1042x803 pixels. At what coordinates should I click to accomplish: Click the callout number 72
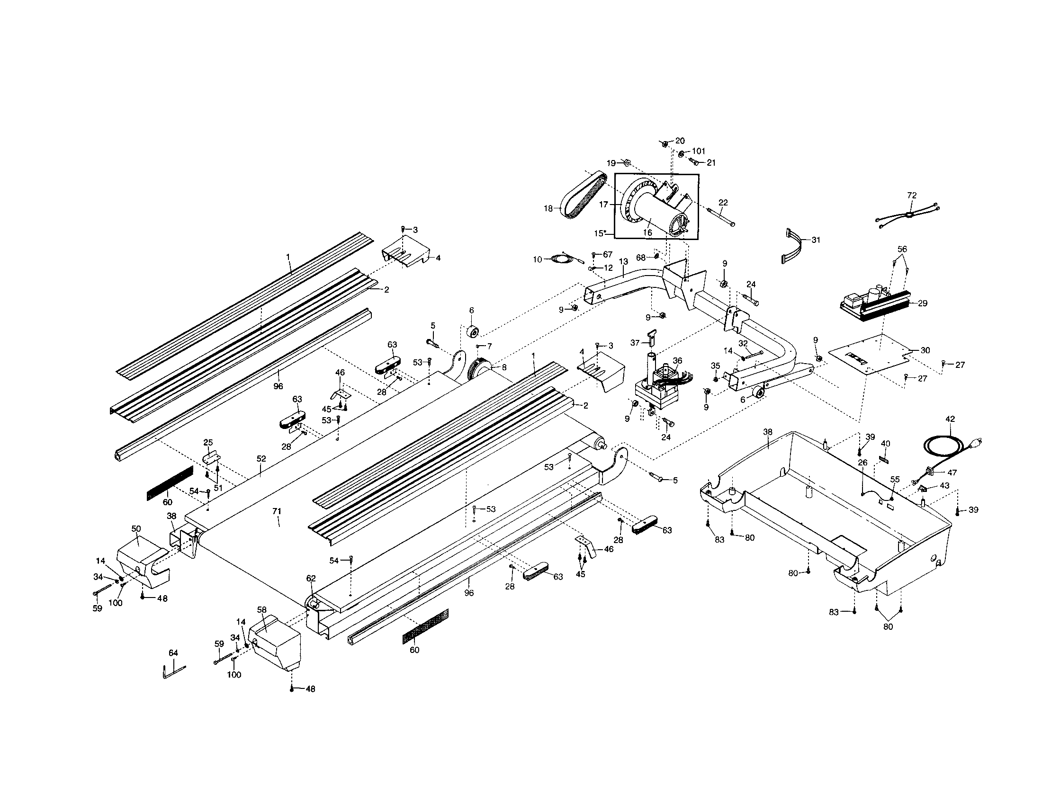coord(911,195)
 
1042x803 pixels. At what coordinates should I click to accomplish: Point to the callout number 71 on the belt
coord(277,511)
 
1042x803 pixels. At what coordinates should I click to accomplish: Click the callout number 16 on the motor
coord(647,232)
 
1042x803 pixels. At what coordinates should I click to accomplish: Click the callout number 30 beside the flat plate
coord(925,350)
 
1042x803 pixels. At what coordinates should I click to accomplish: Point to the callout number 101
coord(698,151)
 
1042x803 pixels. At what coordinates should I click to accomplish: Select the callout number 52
coord(261,459)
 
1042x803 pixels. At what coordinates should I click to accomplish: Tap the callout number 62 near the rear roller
coord(311,579)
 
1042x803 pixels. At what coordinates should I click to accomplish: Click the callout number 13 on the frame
coord(623,262)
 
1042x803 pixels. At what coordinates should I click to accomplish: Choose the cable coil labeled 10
coord(557,259)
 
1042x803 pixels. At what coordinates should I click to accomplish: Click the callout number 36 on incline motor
coord(677,361)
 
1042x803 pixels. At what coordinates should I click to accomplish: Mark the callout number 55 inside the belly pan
coord(895,479)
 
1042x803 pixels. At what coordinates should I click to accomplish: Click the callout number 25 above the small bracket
coord(208,443)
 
